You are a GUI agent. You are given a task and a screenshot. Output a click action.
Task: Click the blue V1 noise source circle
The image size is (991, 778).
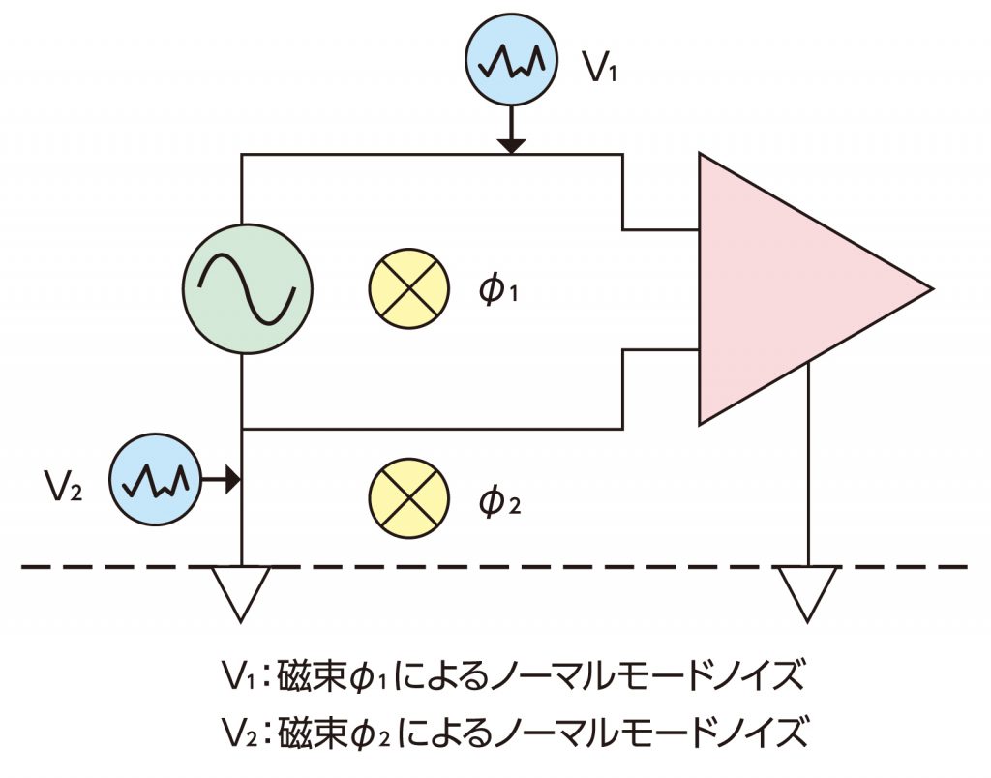click(512, 61)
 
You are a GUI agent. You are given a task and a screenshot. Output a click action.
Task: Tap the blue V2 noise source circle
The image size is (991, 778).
click(156, 479)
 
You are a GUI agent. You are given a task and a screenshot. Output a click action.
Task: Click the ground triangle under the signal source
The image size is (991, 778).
click(240, 592)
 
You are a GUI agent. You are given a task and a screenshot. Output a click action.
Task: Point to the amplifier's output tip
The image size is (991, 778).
click(928, 288)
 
